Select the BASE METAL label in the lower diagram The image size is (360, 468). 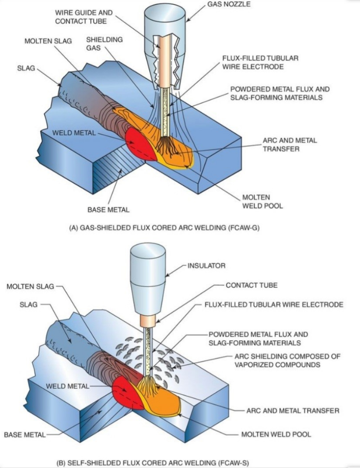[25, 435]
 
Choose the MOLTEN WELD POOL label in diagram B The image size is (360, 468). [276, 435]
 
